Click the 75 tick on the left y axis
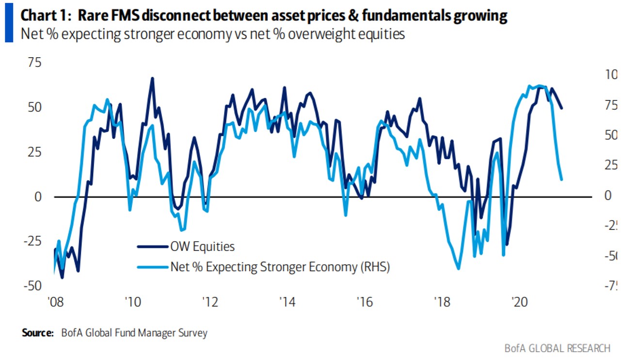34,63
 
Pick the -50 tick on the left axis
32,286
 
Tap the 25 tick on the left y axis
34,152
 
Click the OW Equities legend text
202,246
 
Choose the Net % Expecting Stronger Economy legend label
280,266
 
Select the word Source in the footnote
37,333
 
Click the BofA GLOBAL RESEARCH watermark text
557,348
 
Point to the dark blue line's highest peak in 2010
152,78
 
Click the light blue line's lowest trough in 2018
458,268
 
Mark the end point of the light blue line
561,180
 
